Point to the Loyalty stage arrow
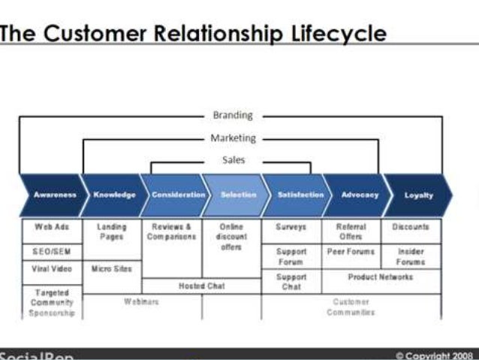[x=419, y=195]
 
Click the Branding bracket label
[x=233, y=116]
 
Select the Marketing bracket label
[x=233, y=138]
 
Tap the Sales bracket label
[x=233, y=160]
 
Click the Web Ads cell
[x=51, y=227]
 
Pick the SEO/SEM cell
[x=51, y=251]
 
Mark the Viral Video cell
[x=51, y=268]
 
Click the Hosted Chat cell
[x=201, y=286]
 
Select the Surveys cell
[x=291, y=227]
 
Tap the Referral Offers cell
[x=351, y=231]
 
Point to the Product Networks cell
[x=381, y=277]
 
